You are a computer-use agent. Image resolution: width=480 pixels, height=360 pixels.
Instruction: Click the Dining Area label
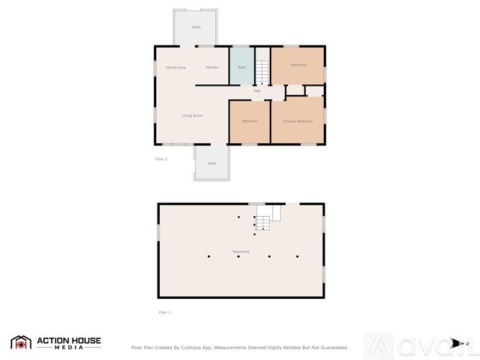point(176,68)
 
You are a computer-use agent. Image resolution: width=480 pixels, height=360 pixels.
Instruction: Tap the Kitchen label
point(212,68)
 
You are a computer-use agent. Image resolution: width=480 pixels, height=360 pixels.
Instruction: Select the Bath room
point(242,67)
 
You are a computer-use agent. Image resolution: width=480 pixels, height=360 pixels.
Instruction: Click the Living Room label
point(191,116)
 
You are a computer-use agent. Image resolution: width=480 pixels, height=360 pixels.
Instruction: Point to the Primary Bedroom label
point(297,121)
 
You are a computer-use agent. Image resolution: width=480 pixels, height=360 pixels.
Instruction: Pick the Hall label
point(257,91)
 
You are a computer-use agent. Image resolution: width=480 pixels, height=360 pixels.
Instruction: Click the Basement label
point(241,251)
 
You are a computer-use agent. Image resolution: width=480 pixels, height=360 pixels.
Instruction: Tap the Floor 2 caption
point(161,158)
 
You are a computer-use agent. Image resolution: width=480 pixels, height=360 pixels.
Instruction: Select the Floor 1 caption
point(164,312)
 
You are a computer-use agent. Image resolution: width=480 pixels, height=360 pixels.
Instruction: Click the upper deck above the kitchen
point(196,27)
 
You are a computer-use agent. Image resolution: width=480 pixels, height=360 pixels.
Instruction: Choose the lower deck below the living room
point(212,163)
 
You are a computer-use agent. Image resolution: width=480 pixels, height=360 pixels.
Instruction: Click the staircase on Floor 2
point(262,72)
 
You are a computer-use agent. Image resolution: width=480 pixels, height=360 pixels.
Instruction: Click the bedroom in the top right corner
point(298,66)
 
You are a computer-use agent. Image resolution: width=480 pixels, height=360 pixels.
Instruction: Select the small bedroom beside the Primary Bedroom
point(249,121)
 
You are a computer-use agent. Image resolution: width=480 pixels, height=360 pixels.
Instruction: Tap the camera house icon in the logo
point(21,343)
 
